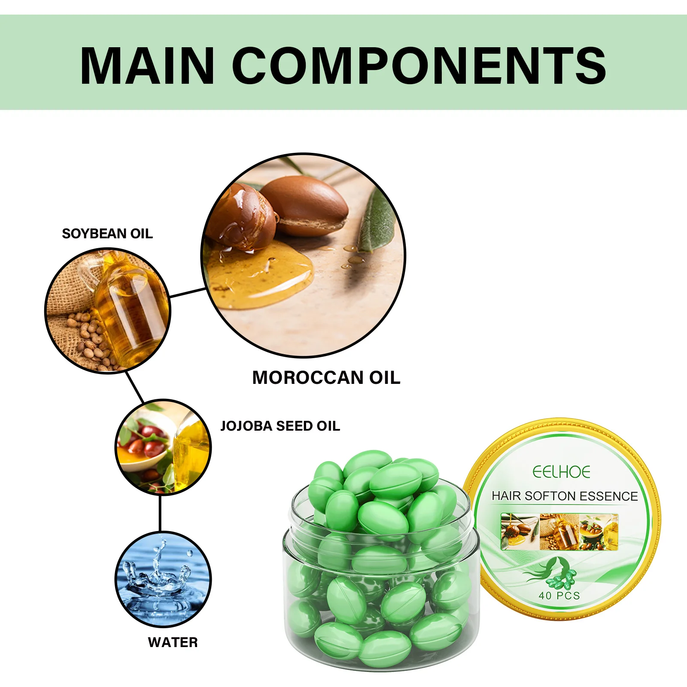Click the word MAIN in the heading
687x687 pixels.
tap(147, 66)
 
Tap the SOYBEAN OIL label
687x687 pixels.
tap(107, 234)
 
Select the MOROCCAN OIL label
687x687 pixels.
tap(326, 378)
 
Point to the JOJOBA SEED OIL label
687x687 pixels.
tap(280, 426)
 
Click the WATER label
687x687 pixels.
tap(173, 642)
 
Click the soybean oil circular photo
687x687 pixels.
tap(108, 310)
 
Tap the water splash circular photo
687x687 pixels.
tap(163, 579)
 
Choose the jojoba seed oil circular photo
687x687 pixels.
tap(163, 447)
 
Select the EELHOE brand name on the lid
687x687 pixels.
tap(561, 472)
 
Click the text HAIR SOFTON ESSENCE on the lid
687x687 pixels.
tap(565, 496)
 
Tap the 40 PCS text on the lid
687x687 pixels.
tap(559, 596)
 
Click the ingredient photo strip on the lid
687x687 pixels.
tap(559, 532)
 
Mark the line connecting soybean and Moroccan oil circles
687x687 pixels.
tap(188, 293)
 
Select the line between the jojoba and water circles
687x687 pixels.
tap(160, 513)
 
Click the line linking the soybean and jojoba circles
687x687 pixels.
tap(134, 387)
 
